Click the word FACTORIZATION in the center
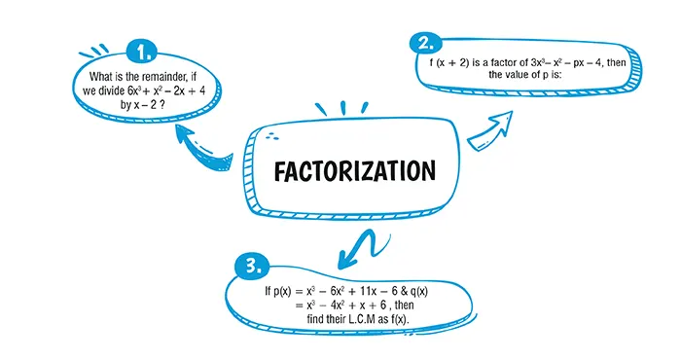354,171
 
